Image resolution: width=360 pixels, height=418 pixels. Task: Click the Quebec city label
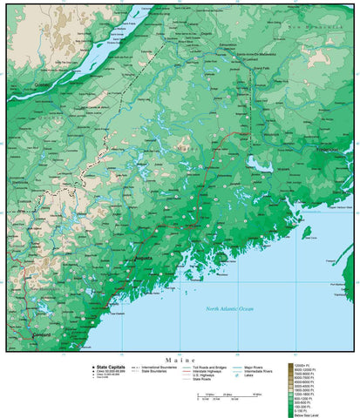[41, 85]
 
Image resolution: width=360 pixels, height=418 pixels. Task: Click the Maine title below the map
[180, 360]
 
